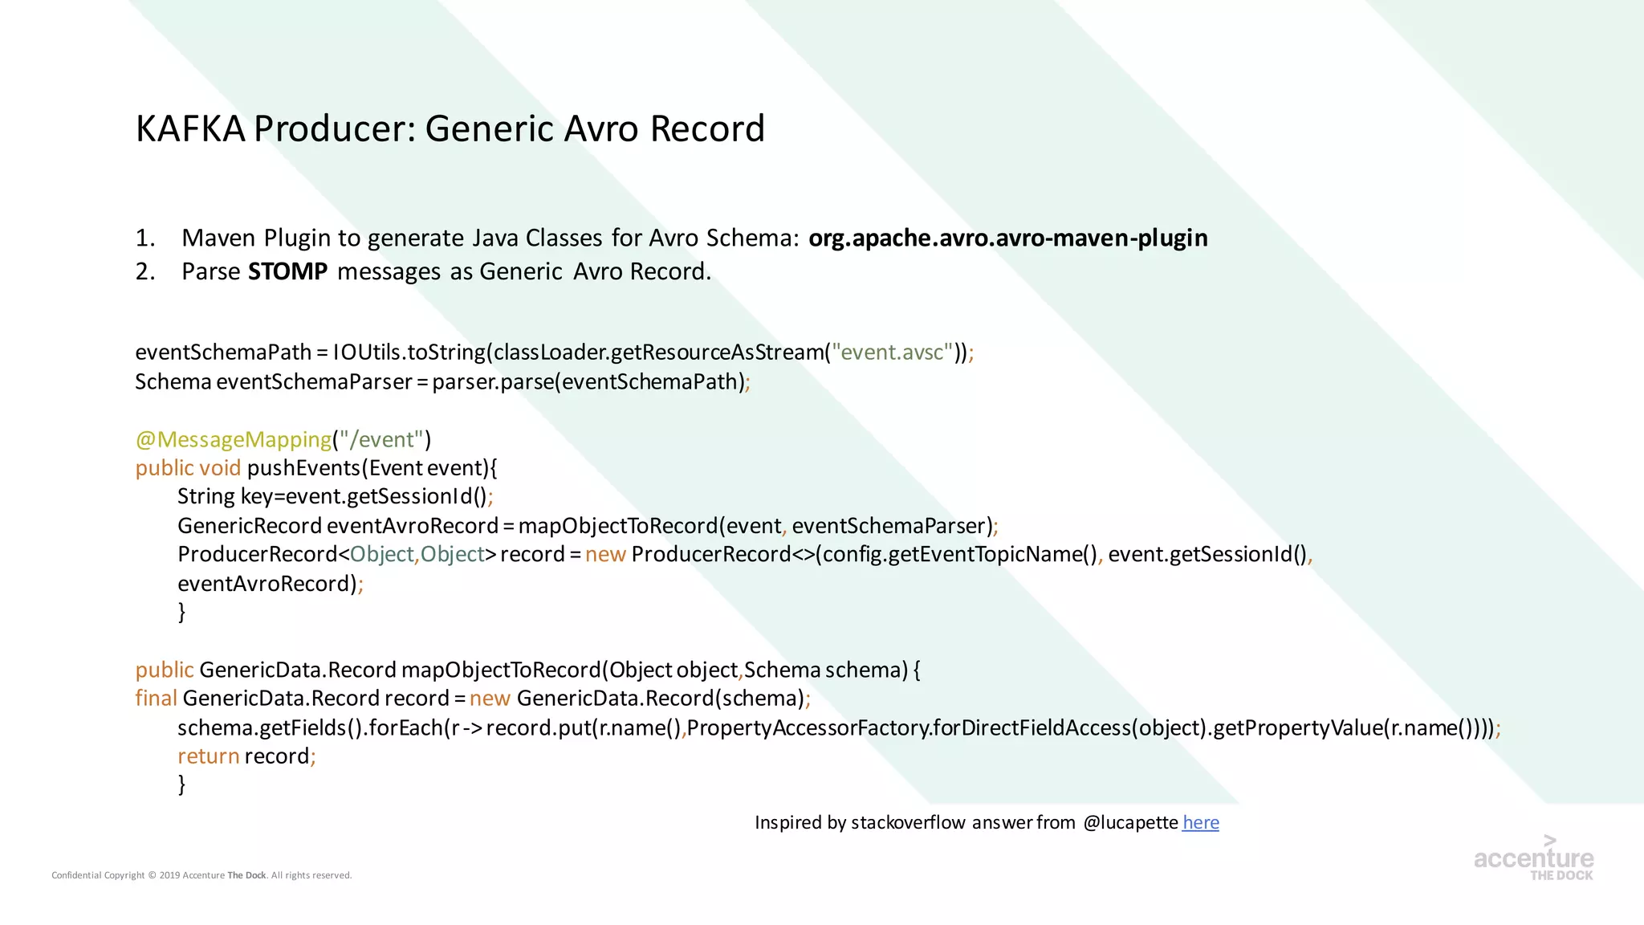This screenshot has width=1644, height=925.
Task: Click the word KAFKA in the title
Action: pyautogui.click(x=190, y=128)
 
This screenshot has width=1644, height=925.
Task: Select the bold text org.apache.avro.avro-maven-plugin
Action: pyautogui.click(x=1007, y=238)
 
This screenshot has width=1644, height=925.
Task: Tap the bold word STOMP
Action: pyautogui.click(x=287, y=271)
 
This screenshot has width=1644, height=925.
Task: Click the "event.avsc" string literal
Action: pyautogui.click(x=892, y=352)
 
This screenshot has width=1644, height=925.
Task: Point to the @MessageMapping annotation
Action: pyautogui.click(x=233, y=439)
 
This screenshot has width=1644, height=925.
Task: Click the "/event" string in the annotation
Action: pyautogui.click(x=380, y=439)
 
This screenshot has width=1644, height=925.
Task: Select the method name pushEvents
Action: pyautogui.click(x=303, y=468)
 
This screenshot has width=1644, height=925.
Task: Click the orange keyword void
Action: pyautogui.click(x=220, y=468)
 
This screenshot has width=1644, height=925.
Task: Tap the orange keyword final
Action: pyautogui.click(x=156, y=699)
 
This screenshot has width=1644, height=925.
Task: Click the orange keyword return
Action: pyautogui.click(x=208, y=756)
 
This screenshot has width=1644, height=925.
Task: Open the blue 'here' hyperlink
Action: pyautogui.click(x=1200, y=822)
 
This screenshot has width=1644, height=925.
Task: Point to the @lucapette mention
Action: pyautogui.click(x=1130, y=822)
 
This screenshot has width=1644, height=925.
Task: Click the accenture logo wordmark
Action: pyautogui.click(x=1533, y=858)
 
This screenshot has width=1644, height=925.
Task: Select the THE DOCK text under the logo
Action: pyautogui.click(x=1561, y=875)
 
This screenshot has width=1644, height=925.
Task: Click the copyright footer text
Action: pyautogui.click(x=201, y=875)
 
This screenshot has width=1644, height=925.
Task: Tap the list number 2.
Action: pyautogui.click(x=144, y=271)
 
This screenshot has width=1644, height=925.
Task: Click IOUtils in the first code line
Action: pyautogui.click(x=367, y=352)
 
